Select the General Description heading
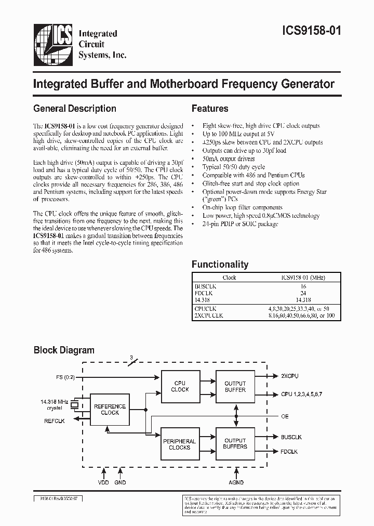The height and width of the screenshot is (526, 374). coord(74,109)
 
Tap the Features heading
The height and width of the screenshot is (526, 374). coord(210,109)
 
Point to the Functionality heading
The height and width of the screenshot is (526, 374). coord(220,264)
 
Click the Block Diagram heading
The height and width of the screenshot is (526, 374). coord(64,350)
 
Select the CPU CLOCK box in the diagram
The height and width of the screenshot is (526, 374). coord(180,386)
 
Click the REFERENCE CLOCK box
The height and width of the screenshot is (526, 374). coord(110,410)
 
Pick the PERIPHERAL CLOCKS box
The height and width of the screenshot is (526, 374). coord(180,444)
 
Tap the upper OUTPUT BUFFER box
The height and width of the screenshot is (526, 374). coord(235,386)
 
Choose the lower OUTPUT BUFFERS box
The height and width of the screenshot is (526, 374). coord(235,443)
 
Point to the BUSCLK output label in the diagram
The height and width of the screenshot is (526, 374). coord(292,438)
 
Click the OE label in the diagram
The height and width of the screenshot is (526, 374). coord(285,416)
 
